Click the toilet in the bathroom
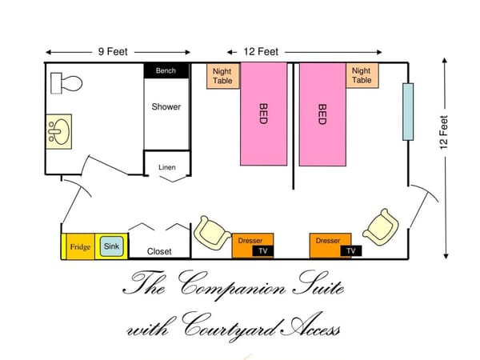(66, 83)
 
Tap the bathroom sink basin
(58, 132)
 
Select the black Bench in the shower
(166, 70)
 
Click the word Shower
(166, 107)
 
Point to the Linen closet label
(167, 167)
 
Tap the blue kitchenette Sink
(112, 246)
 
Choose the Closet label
(159, 252)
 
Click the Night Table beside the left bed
(223, 76)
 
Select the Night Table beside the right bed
(362, 76)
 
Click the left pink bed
(263, 114)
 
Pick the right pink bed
(322, 114)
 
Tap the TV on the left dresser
(263, 251)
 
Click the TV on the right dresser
(351, 251)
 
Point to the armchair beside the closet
(212, 233)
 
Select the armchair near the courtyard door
(381, 227)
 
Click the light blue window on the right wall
(408, 112)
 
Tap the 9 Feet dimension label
(113, 52)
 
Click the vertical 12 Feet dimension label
(444, 132)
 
